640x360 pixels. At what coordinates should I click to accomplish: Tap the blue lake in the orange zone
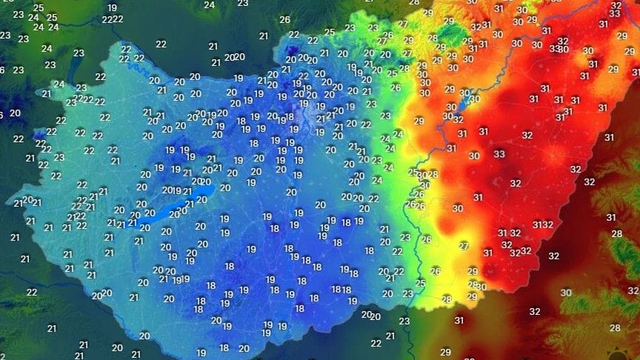(x=472, y=98)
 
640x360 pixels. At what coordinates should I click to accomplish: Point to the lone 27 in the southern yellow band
(x=464, y=245)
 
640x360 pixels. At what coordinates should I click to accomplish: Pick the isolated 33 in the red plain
(x=499, y=155)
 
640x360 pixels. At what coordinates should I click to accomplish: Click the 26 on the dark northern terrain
(x=285, y=19)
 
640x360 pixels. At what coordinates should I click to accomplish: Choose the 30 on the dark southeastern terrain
(x=566, y=293)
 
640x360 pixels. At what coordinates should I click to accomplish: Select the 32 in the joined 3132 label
(x=547, y=225)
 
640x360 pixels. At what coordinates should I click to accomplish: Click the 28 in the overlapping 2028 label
(x=432, y=175)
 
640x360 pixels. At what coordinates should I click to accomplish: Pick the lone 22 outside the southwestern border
(x=32, y=292)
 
